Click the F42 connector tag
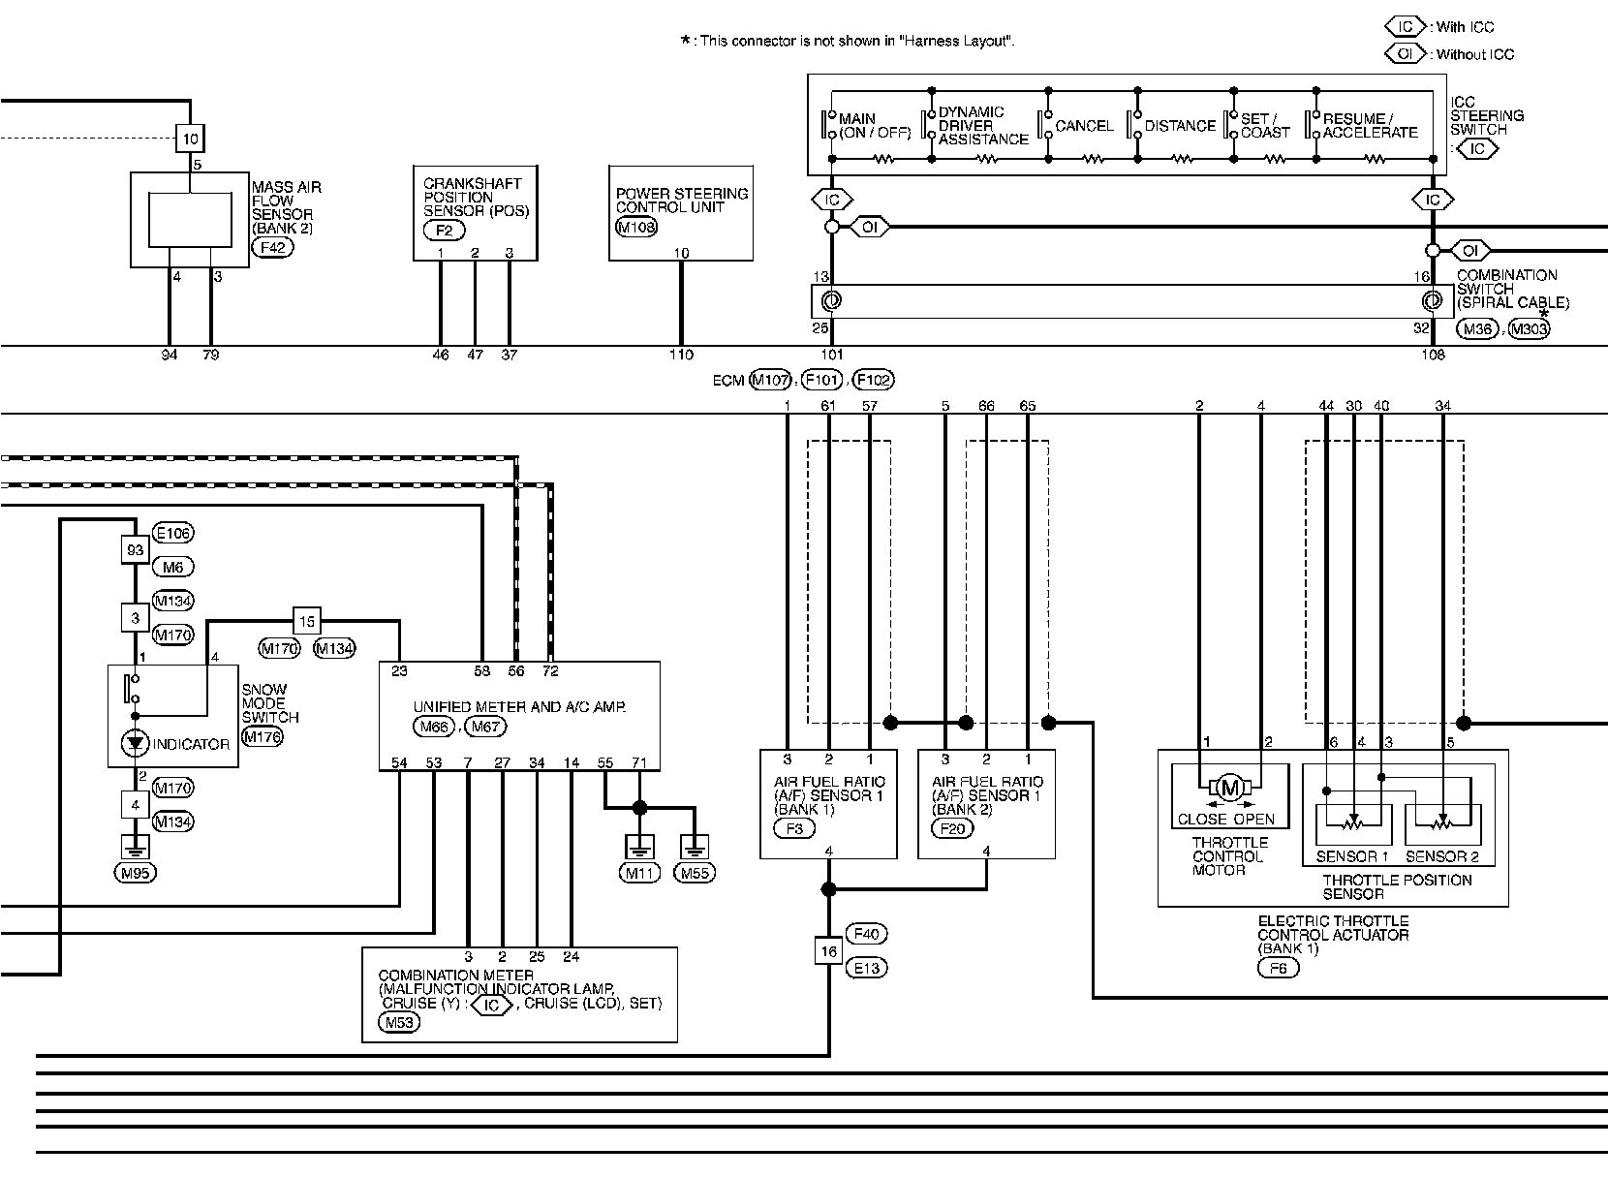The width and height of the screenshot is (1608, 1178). pyautogui.click(x=272, y=247)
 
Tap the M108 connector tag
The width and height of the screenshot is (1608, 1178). pyautogui.click(x=635, y=228)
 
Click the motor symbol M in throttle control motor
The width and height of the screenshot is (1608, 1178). pyautogui.click(x=1229, y=788)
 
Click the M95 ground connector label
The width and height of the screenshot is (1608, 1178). pyautogui.click(x=135, y=872)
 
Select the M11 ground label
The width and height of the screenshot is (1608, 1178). pyautogui.click(x=639, y=873)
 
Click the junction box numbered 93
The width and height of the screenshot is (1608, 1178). pyautogui.click(x=135, y=549)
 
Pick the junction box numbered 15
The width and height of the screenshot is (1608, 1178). pyautogui.click(x=306, y=621)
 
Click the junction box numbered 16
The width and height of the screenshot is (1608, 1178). pyautogui.click(x=828, y=951)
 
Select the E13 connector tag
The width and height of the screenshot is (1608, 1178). pyautogui.click(x=866, y=968)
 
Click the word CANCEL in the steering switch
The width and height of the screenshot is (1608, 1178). pyautogui.click(x=1084, y=126)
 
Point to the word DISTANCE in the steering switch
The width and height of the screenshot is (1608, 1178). pyautogui.click(x=1179, y=126)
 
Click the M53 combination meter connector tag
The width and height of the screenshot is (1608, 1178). pyautogui.click(x=399, y=1022)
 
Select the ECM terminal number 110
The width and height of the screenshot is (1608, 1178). pyautogui.click(x=681, y=355)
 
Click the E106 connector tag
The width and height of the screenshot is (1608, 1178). pyautogui.click(x=173, y=533)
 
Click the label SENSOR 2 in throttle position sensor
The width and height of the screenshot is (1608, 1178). pyautogui.click(x=1441, y=856)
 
